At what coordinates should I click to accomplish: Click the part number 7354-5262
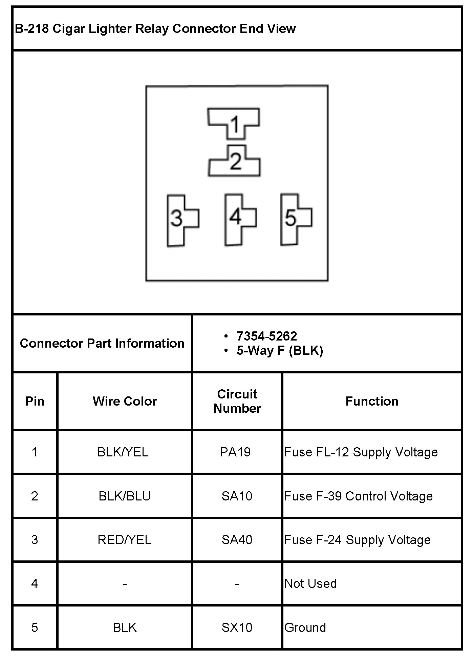click(266, 336)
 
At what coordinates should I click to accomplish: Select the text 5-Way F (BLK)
click(280, 350)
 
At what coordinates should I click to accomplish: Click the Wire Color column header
click(125, 401)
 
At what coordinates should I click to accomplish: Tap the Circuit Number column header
click(237, 401)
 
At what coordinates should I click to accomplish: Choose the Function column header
click(372, 401)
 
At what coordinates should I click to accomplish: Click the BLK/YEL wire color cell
click(123, 452)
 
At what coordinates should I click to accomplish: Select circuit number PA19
click(235, 452)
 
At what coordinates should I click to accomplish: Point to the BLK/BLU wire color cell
click(125, 496)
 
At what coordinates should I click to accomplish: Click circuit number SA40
click(237, 540)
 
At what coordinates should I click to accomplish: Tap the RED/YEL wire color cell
click(125, 540)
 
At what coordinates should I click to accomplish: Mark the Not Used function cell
click(310, 583)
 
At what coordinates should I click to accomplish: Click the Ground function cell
click(305, 628)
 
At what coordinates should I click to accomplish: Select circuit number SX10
click(237, 628)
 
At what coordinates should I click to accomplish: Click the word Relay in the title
click(152, 28)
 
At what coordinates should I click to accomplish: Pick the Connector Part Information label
click(102, 343)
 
